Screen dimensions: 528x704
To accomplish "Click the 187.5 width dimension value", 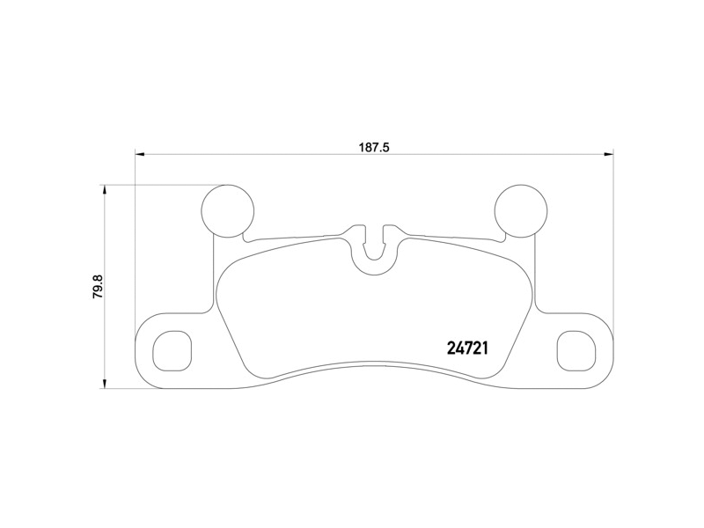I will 373,148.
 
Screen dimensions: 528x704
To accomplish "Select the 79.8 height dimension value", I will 98,287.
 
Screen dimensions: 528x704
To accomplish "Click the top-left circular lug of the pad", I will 228,210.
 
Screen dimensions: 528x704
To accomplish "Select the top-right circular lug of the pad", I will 520,210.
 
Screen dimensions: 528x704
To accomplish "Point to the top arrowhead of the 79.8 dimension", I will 106,189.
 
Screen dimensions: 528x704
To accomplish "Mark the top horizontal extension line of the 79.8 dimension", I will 163,185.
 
